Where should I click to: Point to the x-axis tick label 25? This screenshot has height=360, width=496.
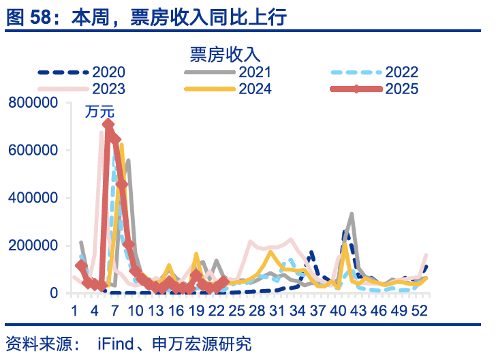pos(237,310)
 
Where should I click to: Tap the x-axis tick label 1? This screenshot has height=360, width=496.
pos(74,310)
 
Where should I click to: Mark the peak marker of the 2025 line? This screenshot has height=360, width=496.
pos(108,125)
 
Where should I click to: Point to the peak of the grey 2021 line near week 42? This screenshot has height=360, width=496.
pos(352,214)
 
